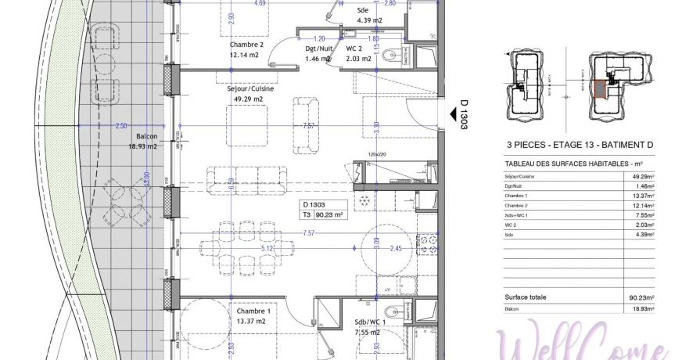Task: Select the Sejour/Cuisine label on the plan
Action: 250,89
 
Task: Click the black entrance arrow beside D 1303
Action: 452,115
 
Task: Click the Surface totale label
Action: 526,297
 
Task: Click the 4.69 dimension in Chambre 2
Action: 258,3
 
